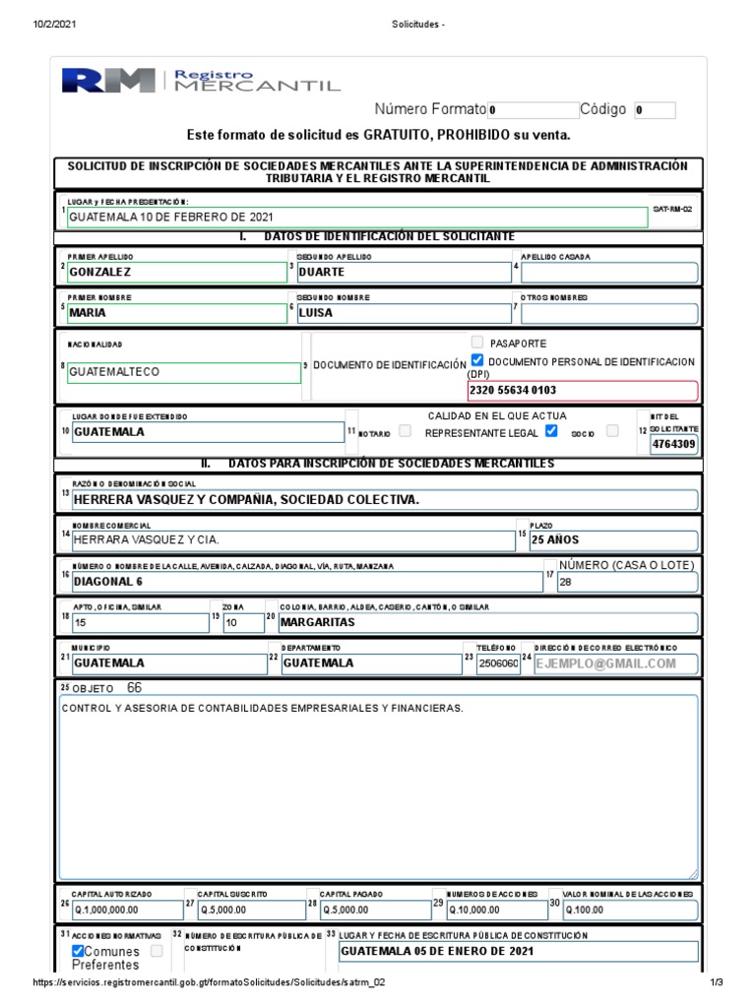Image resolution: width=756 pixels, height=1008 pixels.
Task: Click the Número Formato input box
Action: point(533,110)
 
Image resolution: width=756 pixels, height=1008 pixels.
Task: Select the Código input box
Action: point(655,110)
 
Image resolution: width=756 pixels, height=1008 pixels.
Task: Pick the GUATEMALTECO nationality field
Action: point(183,373)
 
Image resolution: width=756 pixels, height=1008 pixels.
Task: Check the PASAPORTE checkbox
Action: point(478,343)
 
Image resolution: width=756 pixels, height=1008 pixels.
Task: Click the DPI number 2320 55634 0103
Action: point(583,390)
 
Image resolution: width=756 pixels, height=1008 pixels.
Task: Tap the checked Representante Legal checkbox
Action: point(551,431)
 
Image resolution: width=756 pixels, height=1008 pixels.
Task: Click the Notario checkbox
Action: point(405,432)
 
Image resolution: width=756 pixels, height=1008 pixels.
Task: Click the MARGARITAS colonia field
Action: point(487,623)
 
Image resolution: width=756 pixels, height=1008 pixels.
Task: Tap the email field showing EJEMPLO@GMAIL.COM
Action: point(615,663)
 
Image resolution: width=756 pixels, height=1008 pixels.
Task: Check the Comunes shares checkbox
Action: point(79,952)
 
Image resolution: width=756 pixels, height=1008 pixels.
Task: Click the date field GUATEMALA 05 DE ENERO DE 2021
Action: point(518,952)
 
